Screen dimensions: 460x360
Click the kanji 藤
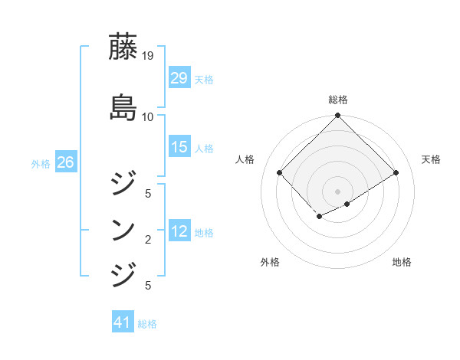tap(123, 47)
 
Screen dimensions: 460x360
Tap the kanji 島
tap(123, 106)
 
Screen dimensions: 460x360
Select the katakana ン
tap(123, 229)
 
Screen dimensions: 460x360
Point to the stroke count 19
tap(147, 56)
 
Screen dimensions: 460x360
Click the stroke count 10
tap(147, 117)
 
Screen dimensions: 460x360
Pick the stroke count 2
tap(147, 241)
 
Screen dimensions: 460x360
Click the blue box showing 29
tap(179, 77)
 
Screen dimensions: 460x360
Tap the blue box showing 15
tap(179, 147)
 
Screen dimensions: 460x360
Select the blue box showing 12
tap(179, 231)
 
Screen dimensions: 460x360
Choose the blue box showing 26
tap(66, 162)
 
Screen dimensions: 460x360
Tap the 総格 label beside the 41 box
tap(147, 324)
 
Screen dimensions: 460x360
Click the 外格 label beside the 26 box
tap(41, 163)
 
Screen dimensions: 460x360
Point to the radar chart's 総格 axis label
tap(337, 100)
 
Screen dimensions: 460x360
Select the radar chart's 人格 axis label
tap(246, 159)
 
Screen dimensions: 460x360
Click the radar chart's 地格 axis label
tap(402, 262)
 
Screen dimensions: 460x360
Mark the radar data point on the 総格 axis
tap(337, 116)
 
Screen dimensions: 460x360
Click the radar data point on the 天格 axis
tap(396, 173)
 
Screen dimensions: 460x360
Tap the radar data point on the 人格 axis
tap(280, 173)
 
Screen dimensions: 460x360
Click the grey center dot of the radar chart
tap(337, 191)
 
